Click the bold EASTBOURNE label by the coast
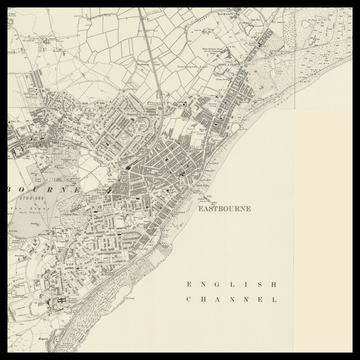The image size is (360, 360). [x=224, y=209]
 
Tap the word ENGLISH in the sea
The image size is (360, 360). [x=231, y=284]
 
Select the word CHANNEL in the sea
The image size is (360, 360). [x=231, y=299]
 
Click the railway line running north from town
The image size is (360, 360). [x=147, y=60]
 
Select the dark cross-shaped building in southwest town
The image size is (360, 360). [x=60, y=297]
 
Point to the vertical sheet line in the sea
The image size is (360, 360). [x=293, y=250]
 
